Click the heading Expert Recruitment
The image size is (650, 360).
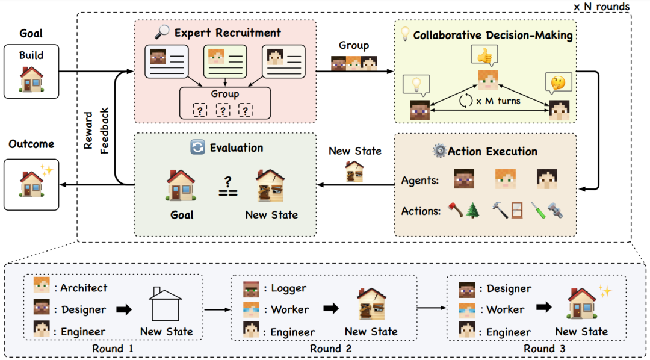227,33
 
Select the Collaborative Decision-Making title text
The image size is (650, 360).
492,35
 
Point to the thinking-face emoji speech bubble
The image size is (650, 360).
558,83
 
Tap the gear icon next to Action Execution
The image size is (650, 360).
439,151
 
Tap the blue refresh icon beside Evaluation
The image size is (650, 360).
197,147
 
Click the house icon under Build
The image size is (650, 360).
31,78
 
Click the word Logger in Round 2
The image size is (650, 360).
289,288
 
